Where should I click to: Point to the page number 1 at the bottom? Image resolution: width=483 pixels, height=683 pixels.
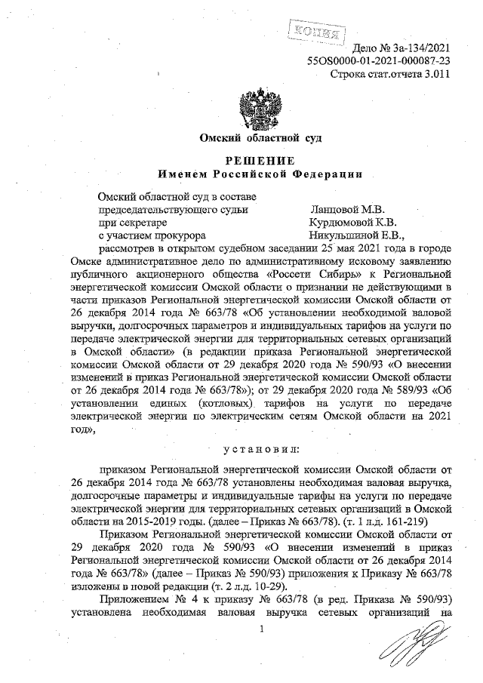pos(260,629)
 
